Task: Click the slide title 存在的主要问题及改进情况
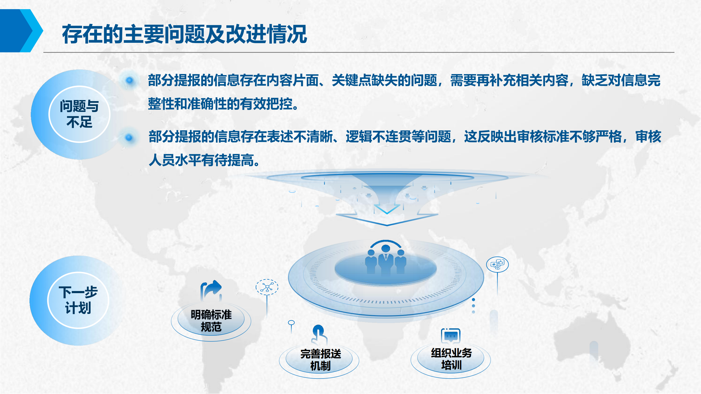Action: click(x=185, y=34)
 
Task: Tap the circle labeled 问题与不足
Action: click(x=79, y=114)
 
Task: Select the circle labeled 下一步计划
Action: click(x=78, y=300)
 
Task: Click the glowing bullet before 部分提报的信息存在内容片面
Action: click(x=130, y=80)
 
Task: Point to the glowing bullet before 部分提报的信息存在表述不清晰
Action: click(x=129, y=138)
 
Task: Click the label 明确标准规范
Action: click(x=211, y=321)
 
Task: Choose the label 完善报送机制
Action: click(x=321, y=360)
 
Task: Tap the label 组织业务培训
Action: click(x=451, y=359)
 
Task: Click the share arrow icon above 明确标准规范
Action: click(x=211, y=291)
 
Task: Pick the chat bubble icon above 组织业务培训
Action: click(x=451, y=336)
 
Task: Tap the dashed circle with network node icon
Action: click(x=267, y=287)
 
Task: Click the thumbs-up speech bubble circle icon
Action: click(x=498, y=264)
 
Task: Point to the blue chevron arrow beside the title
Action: click(x=22, y=30)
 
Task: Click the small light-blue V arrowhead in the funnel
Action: click(x=387, y=209)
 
